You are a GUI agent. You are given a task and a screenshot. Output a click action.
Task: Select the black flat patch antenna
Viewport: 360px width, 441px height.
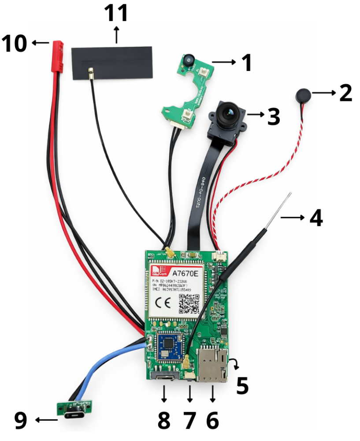[x=112, y=64]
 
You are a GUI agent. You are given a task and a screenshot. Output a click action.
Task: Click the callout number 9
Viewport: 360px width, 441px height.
[x=20, y=420]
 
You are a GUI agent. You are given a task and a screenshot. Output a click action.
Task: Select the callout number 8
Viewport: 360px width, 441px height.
[x=163, y=421]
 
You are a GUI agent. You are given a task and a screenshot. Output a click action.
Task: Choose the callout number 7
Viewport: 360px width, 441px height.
[x=189, y=421]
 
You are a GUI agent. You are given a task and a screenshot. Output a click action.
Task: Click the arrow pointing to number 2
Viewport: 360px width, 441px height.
[x=325, y=93]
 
